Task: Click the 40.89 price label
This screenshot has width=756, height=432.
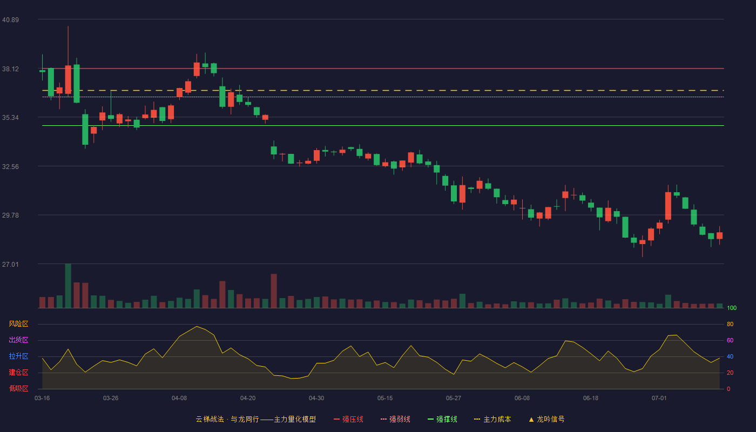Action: (10, 20)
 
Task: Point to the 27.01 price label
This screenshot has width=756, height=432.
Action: (10, 264)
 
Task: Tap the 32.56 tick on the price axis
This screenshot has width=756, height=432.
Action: (10, 167)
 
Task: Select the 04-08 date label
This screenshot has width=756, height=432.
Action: (179, 399)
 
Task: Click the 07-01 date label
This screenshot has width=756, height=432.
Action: (659, 399)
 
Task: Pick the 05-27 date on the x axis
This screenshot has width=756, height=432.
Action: (453, 399)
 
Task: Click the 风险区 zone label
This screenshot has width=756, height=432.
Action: (18, 324)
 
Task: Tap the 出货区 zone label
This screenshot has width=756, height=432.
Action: (18, 340)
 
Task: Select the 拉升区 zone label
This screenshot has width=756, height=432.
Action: (18, 356)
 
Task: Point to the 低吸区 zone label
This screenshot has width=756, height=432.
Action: (18, 388)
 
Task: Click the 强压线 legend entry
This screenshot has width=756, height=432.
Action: (348, 419)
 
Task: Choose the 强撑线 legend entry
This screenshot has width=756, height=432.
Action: (442, 419)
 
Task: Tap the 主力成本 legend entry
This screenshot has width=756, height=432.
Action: (492, 419)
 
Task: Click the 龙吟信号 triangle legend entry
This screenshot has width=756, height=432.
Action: (546, 419)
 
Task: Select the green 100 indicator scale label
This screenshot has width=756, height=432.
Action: (732, 308)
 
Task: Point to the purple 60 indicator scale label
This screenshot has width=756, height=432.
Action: (730, 340)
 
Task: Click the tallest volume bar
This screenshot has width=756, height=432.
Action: (68, 286)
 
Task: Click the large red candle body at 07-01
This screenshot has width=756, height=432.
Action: (668, 206)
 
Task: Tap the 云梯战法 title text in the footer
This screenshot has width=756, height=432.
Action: (210, 419)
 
